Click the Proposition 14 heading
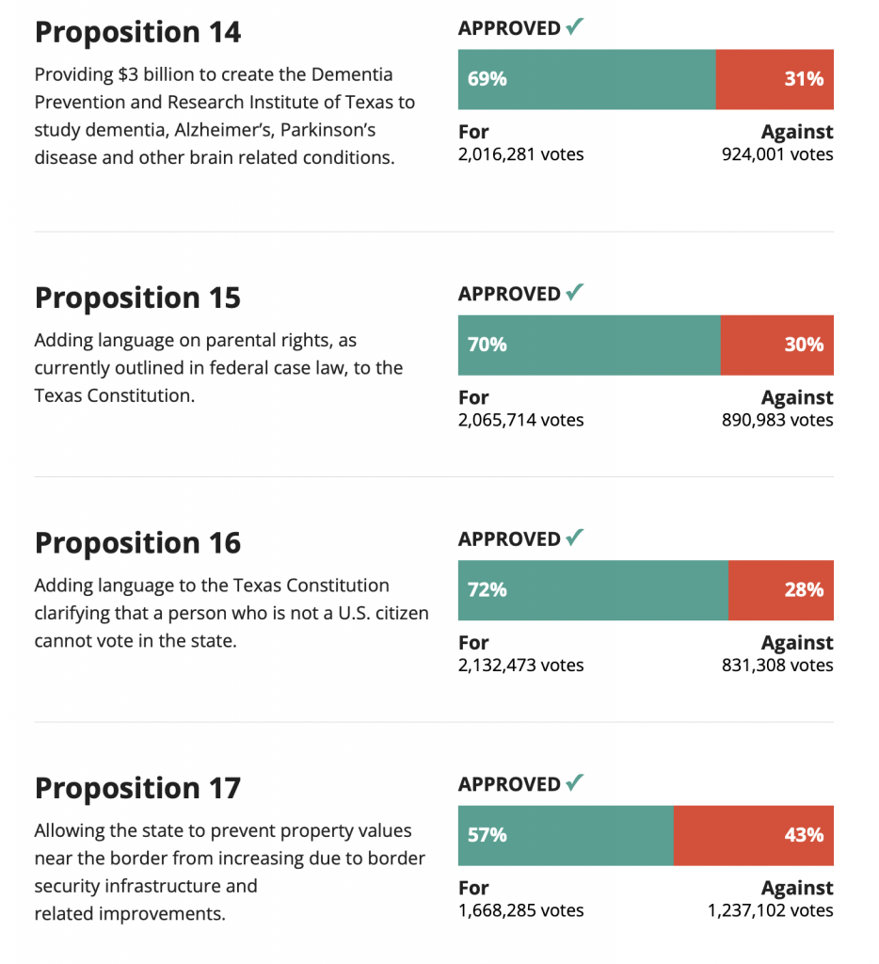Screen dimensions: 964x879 137,32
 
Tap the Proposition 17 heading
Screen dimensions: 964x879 137,788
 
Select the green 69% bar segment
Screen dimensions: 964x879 586,79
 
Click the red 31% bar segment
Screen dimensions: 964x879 775,79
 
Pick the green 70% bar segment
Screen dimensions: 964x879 589,345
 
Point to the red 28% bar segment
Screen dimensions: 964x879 780,590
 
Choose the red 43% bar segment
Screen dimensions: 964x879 753,835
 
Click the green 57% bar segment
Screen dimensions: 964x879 566,835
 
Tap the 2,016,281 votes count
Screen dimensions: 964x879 520,153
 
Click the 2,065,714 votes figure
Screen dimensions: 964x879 520,420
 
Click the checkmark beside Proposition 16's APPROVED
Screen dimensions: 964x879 574,538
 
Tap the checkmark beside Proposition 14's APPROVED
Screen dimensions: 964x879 574,27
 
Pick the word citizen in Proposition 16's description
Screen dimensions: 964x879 399,613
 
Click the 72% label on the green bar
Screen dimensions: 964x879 487,590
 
